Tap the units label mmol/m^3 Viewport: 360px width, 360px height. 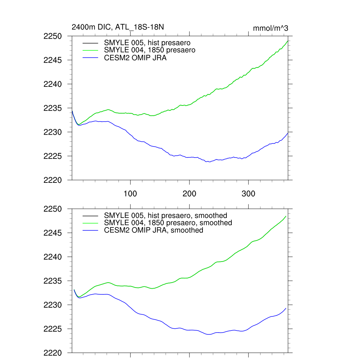tap(270, 28)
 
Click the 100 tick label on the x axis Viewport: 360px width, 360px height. tap(130, 193)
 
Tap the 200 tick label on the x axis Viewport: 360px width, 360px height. tap(189, 193)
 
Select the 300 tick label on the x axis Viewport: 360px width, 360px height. tap(249, 193)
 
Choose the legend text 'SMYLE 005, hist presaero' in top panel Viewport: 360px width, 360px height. tap(147, 43)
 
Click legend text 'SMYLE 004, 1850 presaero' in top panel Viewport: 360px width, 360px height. tap(149, 50)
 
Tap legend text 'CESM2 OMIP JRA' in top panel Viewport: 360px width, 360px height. tap(135, 58)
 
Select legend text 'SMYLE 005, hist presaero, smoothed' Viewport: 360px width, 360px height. tap(165, 216)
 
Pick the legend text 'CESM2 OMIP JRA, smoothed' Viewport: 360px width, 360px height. tap(153, 230)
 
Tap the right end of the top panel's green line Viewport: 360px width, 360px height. tap(288, 41)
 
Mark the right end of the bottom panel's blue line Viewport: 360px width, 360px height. tap(286, 308)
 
